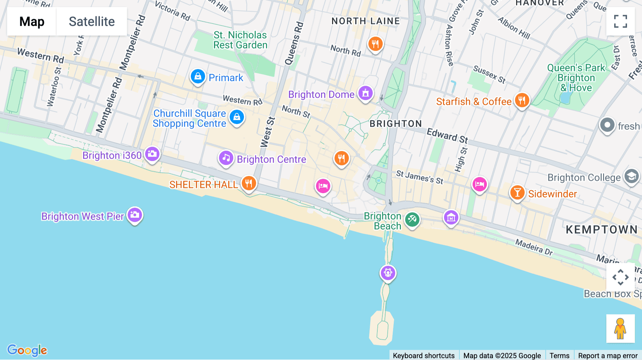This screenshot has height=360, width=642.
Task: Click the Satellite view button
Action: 92,21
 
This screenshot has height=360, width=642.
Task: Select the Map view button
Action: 32,21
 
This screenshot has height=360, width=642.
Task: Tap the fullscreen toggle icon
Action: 620,21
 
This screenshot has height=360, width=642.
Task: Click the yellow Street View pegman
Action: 620,329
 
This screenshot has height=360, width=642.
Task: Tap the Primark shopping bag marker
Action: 198,76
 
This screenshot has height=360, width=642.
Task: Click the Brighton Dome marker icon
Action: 365,93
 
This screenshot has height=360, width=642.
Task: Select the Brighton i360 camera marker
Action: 152,154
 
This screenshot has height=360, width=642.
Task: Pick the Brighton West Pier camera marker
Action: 135,215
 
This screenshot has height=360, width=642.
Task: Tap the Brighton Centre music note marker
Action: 226,158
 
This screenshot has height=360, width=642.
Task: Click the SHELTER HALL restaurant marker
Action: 249,184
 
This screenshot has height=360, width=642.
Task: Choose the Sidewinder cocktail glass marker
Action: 517,193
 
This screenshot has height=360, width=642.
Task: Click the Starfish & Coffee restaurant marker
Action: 522,101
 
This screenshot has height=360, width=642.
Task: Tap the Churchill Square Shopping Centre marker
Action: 237,117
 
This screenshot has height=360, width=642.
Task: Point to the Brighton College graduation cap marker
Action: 632,176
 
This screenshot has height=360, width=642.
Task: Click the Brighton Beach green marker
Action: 412,219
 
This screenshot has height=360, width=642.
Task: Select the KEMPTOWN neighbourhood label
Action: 602,230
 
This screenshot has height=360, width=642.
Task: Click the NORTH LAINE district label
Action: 366,21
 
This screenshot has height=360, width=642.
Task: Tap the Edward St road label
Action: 447,135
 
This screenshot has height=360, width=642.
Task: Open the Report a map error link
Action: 608,355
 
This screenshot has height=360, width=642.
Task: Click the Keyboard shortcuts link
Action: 424,355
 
